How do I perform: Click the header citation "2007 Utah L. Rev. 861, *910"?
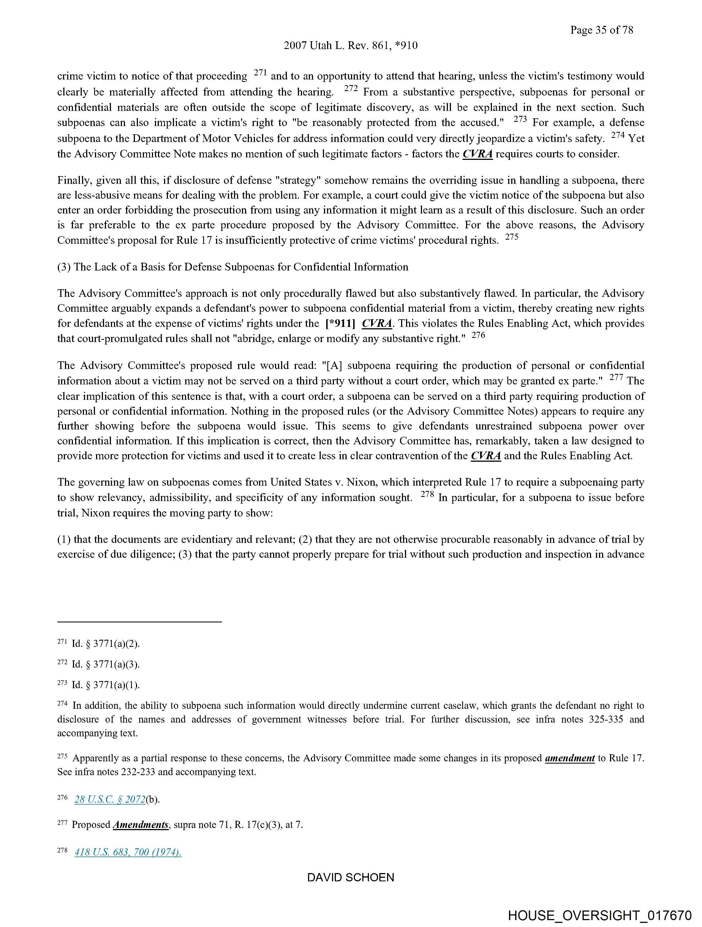coord(350,46)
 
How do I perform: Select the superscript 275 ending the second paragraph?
coord(511,237)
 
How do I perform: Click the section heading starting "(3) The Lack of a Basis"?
coord(233,267)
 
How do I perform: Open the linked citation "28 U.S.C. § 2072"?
coord(110,799)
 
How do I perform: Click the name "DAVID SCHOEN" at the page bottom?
coord(350,877)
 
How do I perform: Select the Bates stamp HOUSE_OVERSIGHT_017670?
coord(599,915)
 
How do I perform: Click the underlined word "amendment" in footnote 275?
coord(570,758)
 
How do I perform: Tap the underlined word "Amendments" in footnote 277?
coord(141,825)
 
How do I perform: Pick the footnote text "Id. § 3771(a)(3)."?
coord(106,664)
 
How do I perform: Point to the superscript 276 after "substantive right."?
coord(478,335)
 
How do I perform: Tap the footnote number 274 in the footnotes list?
coord(62,704)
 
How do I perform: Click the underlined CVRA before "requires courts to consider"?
coord(478,154)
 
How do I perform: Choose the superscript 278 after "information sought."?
coord(427,494)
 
